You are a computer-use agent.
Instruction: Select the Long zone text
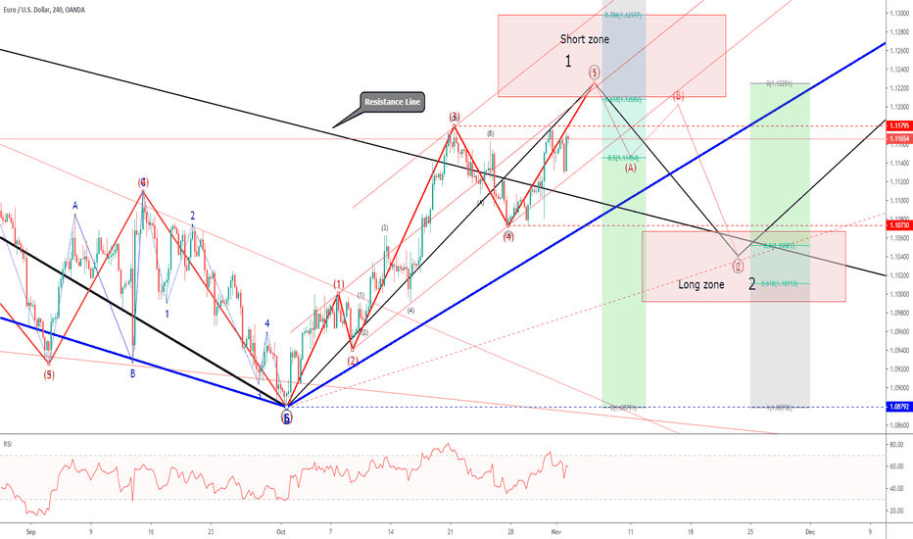click(701, 285)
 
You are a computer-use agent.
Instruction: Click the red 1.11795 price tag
click(897, 126)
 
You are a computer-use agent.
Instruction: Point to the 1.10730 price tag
click(897, 225)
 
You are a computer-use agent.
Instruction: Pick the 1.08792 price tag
click(897, 407)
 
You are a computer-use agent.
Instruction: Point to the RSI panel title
click(9, 444)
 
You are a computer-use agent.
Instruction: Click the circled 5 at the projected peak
click(595, 72)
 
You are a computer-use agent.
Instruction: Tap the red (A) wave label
click(631, 168)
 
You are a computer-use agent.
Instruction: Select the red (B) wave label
click(678, 96)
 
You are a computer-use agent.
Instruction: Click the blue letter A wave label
click(74, 206)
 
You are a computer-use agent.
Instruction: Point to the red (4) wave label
click(508, 236)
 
